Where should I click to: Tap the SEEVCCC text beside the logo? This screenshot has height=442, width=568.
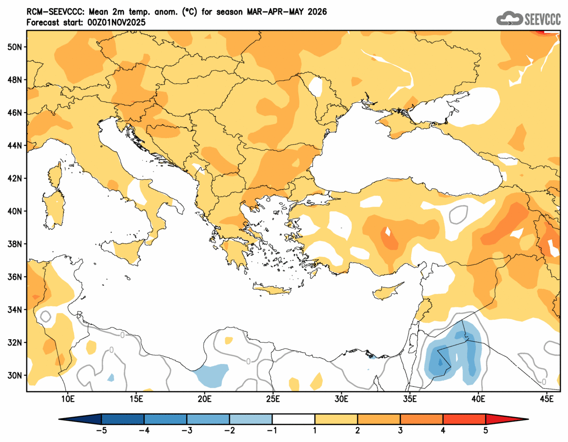pyautogui.click(x=542, y=19)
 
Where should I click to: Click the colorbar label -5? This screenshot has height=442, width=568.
pyautogui.click(x=101, y=431)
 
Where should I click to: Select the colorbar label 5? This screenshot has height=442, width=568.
pyautogui.click(x=486, y=431)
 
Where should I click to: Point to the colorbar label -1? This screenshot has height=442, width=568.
pyautogui.click(x=273, y=431)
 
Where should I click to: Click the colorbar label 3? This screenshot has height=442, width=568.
pyautogui.click(x=400, y=431)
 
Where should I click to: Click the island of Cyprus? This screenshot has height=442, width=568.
pyautogui.click(x=387, y=291)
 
